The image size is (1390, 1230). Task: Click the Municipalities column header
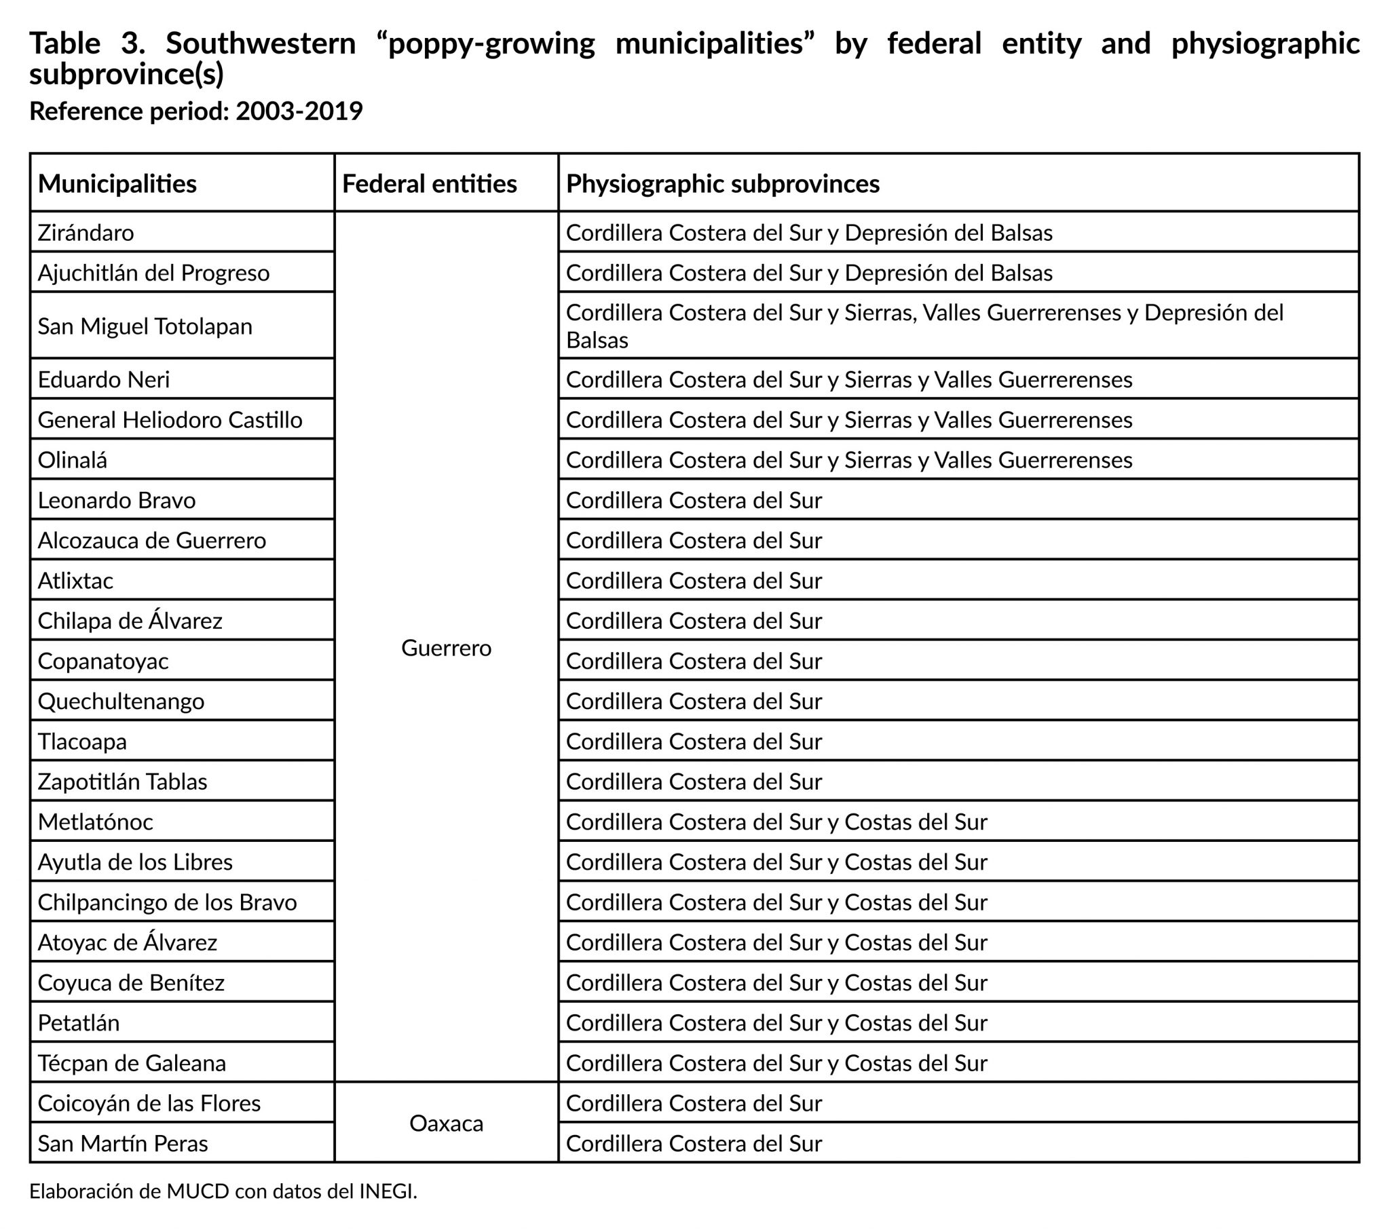tap(117, 184)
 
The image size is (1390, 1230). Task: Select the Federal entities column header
tap(429, 184)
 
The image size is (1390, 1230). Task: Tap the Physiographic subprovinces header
tap(722, 184)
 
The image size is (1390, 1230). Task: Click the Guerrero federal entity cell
tap(446, 648)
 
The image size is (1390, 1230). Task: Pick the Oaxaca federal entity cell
tap(446, 1123)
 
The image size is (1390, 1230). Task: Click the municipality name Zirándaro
tap(86, 233)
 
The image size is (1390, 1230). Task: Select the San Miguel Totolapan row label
tap(145, 326)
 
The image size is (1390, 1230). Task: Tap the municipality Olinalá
tap(72, 460)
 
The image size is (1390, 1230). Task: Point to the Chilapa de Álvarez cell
tap(130, 621)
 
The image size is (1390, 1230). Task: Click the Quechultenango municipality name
tap(121, 701)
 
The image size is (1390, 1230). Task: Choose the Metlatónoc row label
tap(95, 822)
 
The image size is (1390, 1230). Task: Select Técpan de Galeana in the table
tap(132, 1062)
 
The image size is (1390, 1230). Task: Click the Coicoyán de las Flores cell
tap(149, 1103)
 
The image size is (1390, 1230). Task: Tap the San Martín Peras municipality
tap(122, 1144)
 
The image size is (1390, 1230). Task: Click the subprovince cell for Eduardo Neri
tap(848, 379)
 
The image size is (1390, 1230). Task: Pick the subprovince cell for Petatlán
tap(776, 1022)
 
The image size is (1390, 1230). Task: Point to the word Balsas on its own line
tap(597, 340)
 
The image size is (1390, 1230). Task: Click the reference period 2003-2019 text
tap(299, 111)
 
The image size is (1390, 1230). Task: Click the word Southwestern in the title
tap(261, 43)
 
